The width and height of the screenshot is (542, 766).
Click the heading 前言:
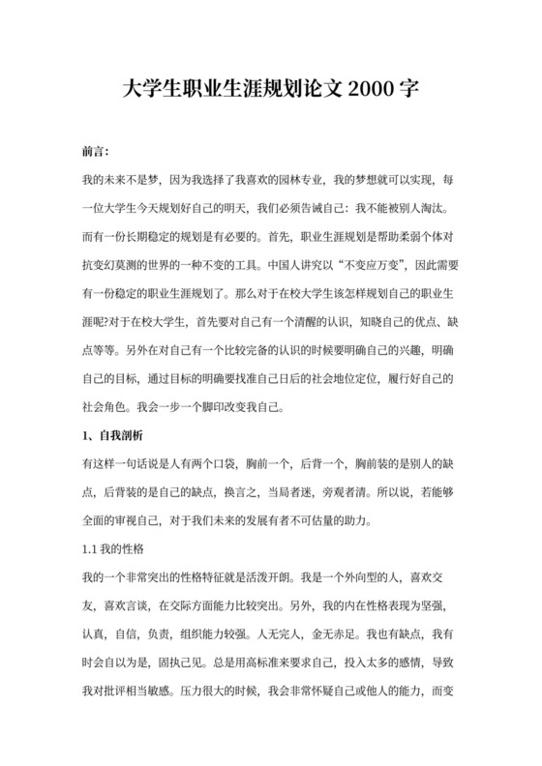click(97, 153)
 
